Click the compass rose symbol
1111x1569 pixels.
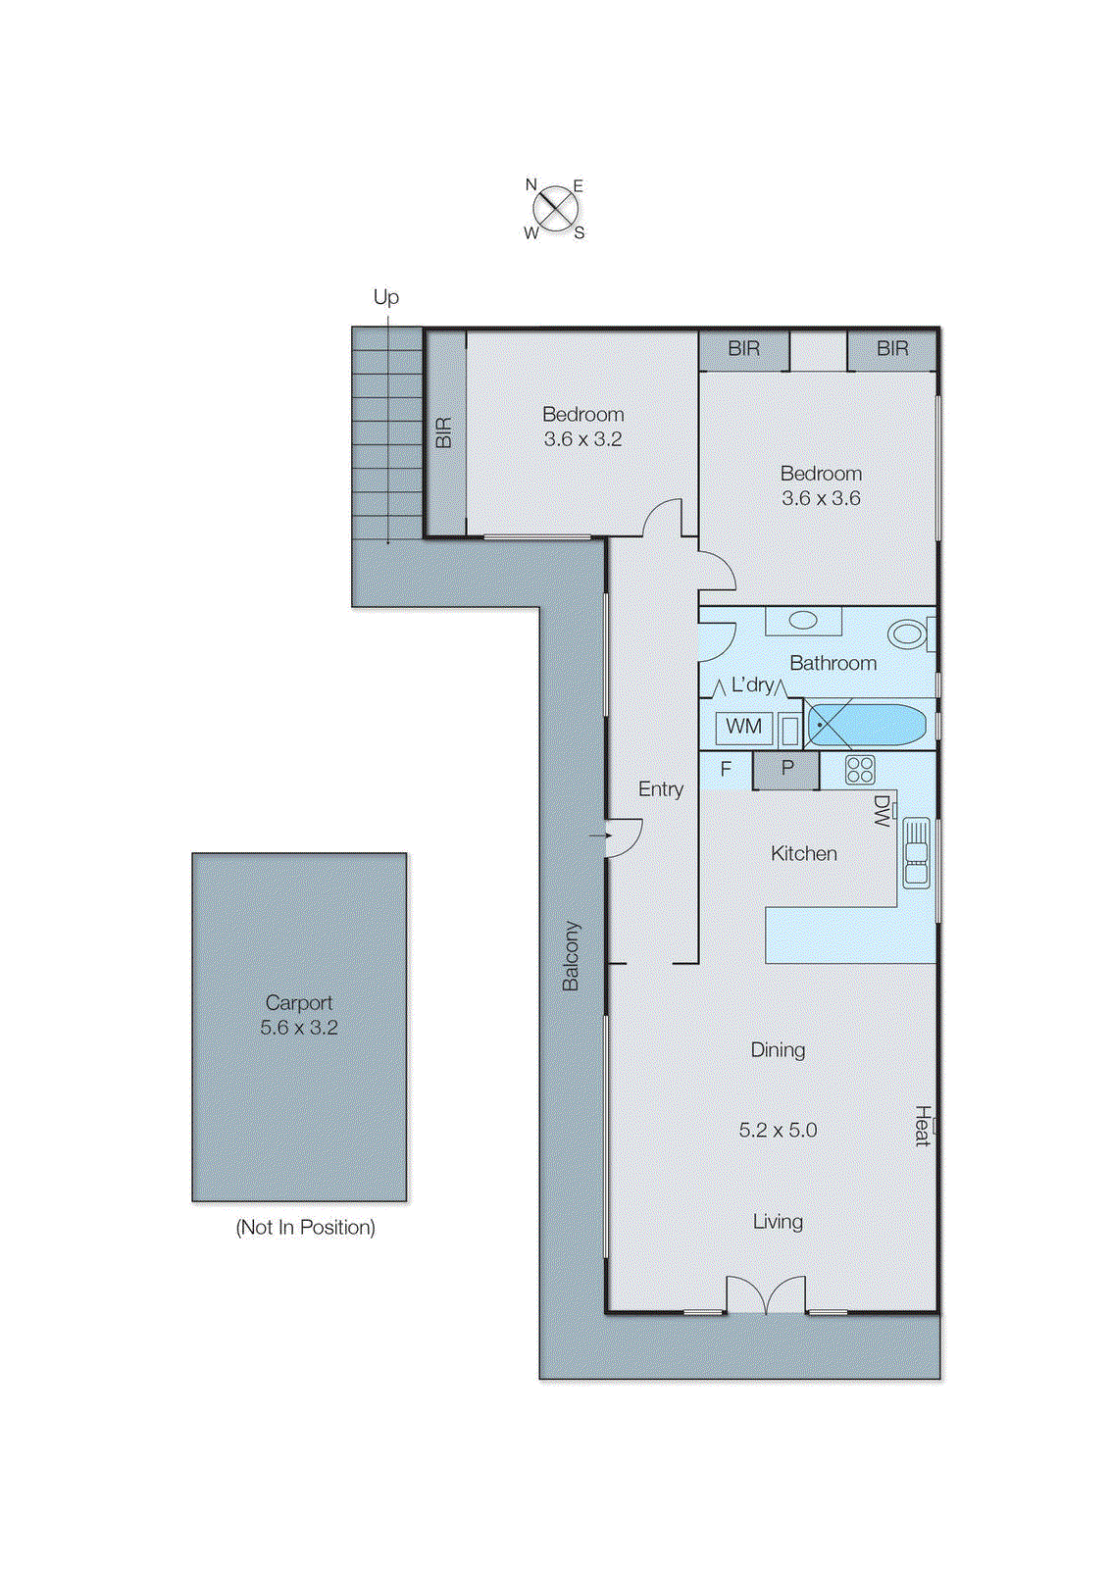555,208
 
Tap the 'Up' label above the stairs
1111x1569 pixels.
385,297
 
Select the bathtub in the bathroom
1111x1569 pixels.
867,726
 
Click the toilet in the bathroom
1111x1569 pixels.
908,633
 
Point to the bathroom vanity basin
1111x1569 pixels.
803,621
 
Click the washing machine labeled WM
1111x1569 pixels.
743,727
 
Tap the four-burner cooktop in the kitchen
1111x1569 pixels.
860,770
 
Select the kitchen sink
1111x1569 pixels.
916,852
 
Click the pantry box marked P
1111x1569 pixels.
786,770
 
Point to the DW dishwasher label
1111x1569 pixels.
882,810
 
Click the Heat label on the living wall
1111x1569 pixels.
922,1126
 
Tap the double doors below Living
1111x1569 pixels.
766,1294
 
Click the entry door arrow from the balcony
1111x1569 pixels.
601,835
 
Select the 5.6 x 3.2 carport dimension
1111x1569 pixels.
299,1028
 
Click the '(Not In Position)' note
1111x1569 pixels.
305,1227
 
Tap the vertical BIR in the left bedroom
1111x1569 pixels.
444,432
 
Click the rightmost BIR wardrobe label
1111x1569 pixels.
892,348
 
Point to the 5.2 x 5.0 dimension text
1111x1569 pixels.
778,1130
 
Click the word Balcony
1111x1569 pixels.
571,955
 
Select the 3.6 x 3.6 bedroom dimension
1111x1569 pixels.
821,498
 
